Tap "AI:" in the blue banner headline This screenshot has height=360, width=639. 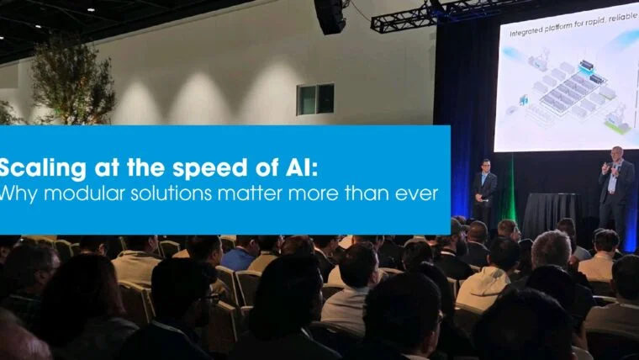[x=298, y=167]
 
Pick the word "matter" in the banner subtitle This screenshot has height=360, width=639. [x=272, y=194]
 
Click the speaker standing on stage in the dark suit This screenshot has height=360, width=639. [x=484, y=189]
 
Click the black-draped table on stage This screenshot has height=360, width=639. [x=551, y=214]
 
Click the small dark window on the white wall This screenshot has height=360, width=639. [x=315, y=99]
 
